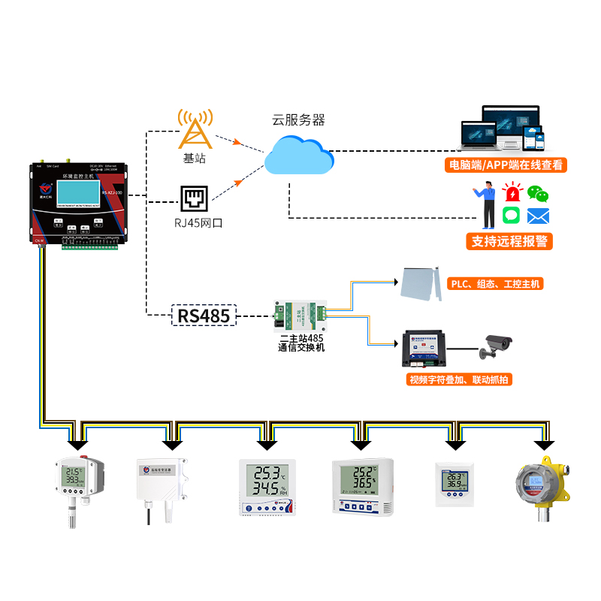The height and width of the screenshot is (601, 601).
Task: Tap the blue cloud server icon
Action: point(298,156)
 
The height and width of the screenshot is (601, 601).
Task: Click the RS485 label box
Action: point(204,316)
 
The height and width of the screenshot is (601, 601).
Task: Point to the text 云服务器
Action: point(298,119)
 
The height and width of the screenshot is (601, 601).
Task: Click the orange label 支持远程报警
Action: point(509,241)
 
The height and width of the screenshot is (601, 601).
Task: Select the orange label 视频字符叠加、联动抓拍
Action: point(458,379)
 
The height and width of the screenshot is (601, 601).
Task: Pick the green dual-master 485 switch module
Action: point(300,316)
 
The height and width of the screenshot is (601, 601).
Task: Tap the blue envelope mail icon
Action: point(538,216)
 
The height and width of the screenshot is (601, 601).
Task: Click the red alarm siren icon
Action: point(513,191)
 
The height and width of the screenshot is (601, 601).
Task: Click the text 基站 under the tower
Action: point(194,159)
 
